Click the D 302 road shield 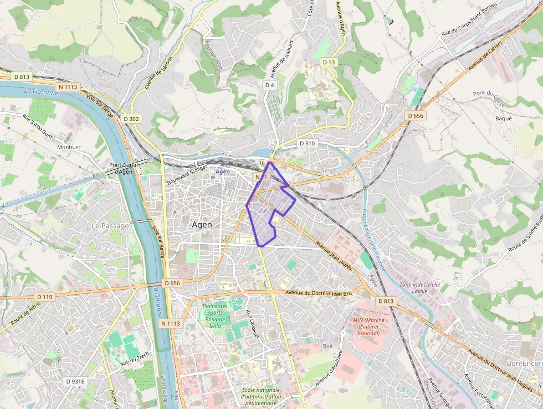132,119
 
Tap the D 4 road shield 270,85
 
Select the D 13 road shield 329,62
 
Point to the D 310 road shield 307,143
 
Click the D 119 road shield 45,297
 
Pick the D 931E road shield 75,382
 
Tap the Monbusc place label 69,148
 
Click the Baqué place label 504,118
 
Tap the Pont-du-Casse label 489,98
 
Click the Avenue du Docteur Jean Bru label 319,292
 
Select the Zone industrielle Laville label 419,288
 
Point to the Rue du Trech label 135,360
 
